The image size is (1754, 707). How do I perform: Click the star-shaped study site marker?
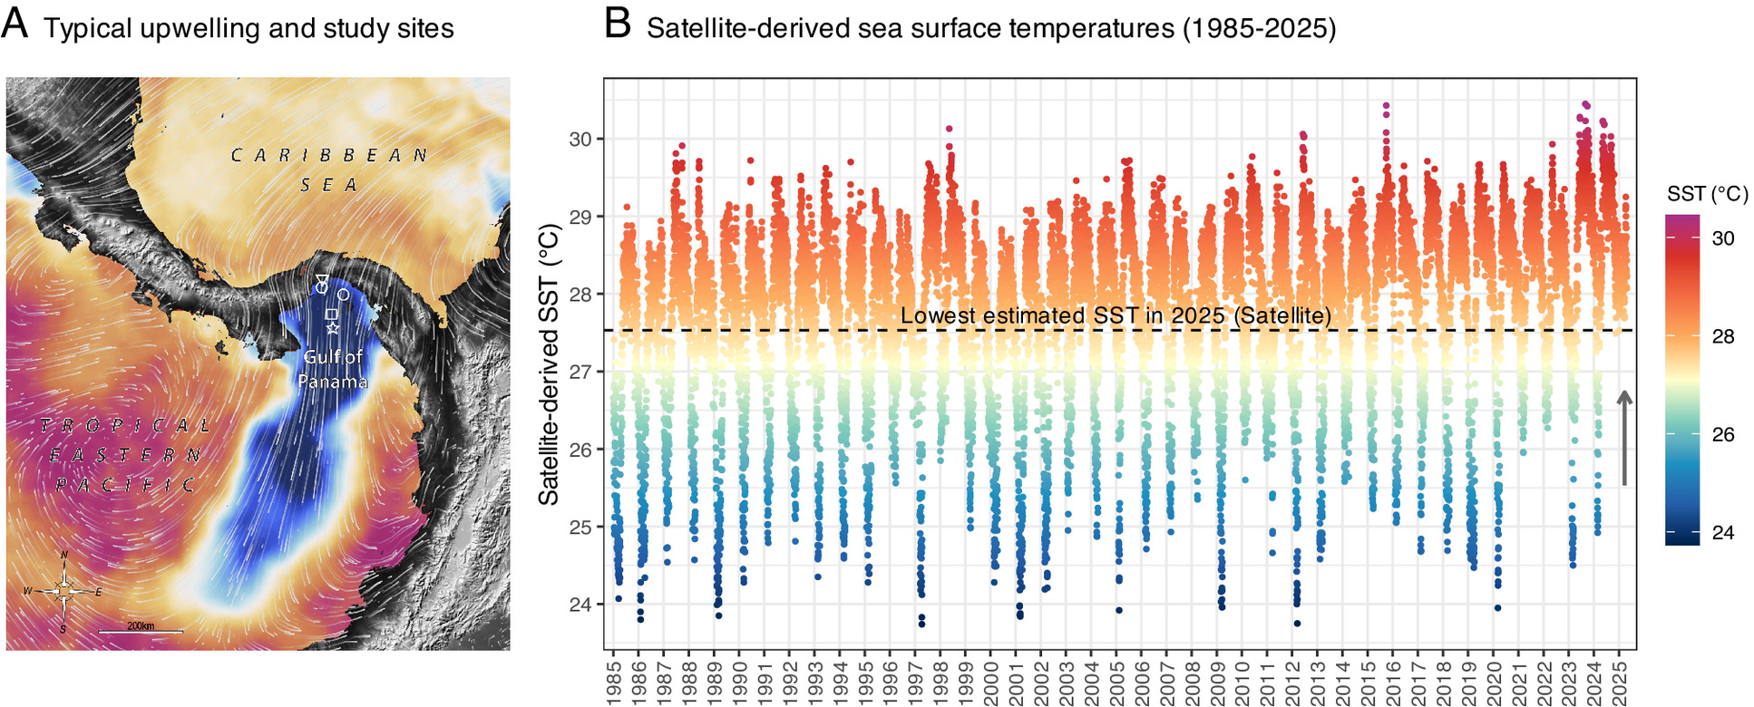[333, 327]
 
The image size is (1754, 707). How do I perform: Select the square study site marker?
[331, 314]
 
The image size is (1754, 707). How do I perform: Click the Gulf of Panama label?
[333, 369]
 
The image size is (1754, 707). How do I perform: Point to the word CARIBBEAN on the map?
[329, 156]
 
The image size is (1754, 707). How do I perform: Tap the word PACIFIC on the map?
[125, 485]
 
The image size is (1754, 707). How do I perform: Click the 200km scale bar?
[141, 630]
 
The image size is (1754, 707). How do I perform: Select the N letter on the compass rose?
[63, 556]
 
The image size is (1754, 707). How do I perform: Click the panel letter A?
[15, 24]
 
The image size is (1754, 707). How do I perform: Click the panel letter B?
[617, 24]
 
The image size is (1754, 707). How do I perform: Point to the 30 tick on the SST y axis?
[580, 140]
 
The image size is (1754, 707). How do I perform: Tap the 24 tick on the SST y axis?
[580, 605]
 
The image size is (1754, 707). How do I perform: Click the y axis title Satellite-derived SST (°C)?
[549, 363]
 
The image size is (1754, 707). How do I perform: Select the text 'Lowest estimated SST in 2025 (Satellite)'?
[1116, 316]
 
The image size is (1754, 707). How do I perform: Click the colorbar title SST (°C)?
[1707, 194]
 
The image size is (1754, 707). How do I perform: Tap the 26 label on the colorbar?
[1722, 434]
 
